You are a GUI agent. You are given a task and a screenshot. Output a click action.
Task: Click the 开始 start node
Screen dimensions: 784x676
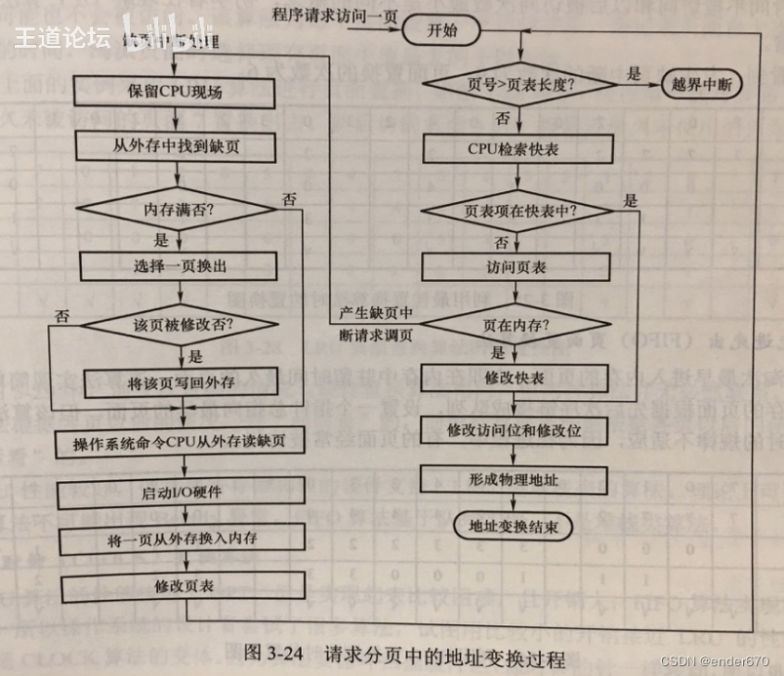tap(441, 30)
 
